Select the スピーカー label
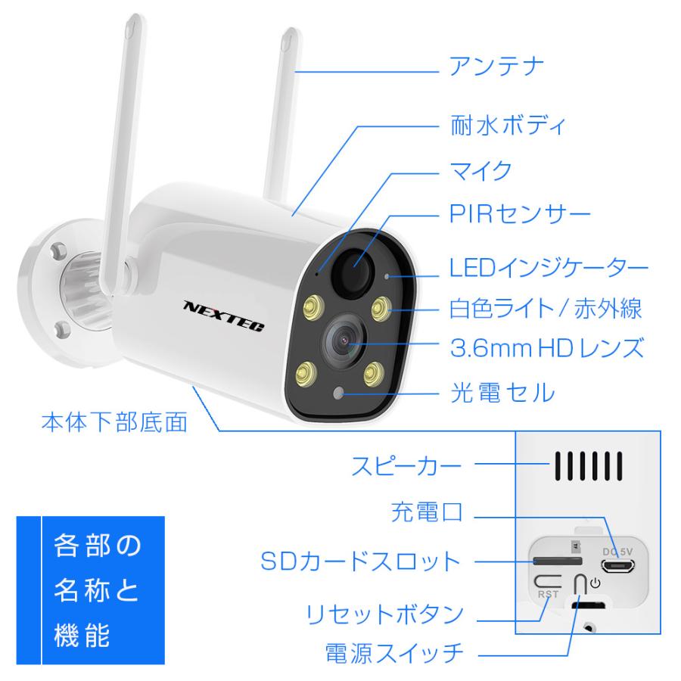tap(406, 465)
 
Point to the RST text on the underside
tap(547, 595)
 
